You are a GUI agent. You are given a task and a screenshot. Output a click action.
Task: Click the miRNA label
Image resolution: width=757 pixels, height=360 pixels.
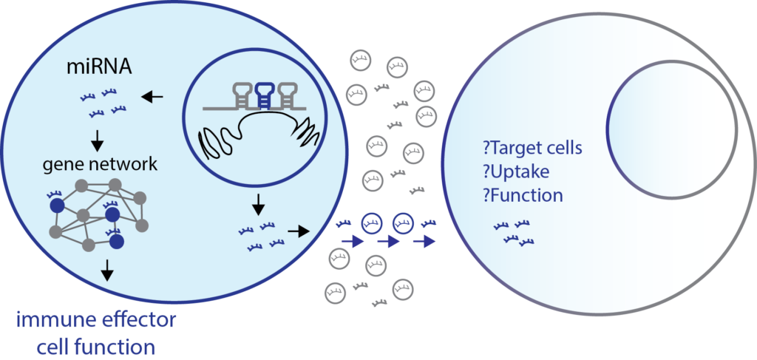tap(99, 69)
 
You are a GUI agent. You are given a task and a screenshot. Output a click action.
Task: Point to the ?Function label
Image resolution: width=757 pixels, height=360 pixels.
tap(522, 196)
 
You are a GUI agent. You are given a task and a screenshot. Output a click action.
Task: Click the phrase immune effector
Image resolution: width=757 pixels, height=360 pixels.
tap(97, 322)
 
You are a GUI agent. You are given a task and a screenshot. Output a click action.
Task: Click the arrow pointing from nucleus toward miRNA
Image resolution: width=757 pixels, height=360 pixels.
tap(153, 96)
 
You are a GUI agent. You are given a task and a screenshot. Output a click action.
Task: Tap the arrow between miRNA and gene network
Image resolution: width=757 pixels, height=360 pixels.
tap(98, 139)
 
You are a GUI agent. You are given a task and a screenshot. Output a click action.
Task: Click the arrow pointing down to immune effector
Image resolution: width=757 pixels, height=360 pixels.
tap(107, 271)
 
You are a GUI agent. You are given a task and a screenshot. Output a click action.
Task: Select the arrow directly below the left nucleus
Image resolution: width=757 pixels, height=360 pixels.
tap(259, 202)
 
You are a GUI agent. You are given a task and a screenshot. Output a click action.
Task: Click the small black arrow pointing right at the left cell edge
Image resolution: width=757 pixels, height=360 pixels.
tap(299, 231)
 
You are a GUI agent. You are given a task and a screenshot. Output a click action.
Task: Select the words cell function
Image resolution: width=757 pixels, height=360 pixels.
tap(97, 346)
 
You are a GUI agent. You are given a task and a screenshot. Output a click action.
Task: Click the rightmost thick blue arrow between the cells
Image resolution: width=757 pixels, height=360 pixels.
tap(424, 241)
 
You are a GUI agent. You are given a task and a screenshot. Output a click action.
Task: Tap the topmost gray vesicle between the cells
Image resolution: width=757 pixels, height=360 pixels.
tap(360, 57)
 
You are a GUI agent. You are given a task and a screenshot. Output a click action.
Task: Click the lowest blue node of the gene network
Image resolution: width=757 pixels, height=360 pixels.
tap(117, 242)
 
